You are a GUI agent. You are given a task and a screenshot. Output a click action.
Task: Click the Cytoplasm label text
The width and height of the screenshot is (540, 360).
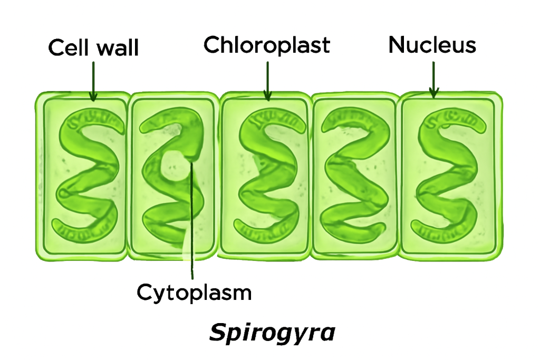tap(194, 292)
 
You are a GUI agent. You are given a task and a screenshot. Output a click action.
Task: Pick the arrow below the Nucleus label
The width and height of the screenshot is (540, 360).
tap(433, 79)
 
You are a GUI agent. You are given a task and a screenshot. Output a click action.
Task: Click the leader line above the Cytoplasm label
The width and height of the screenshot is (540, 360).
tap(191, 221)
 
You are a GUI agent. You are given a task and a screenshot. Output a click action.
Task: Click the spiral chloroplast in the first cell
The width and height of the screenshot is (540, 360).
tap(87, 174)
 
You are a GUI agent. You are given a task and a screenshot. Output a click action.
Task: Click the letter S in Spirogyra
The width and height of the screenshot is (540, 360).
tap(218, 333)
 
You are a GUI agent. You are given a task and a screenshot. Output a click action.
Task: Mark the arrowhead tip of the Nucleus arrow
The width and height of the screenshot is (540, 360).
tap(433, 98)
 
